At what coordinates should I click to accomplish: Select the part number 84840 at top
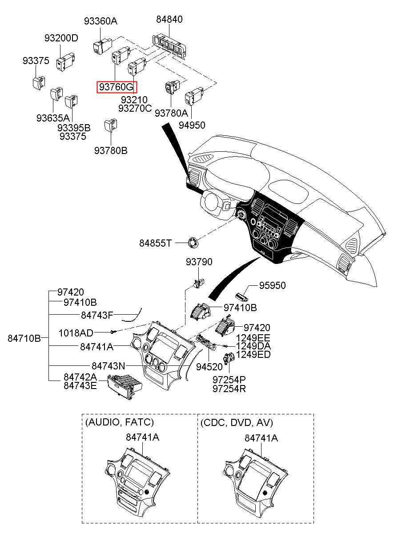click(x=169, y=20)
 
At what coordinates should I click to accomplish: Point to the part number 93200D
click(x=61, y=38)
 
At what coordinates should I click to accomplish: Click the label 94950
click(x=192, y=126)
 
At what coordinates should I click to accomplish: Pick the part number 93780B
click(x=111, y=151)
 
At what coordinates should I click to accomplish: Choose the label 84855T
click(x=155, y=243)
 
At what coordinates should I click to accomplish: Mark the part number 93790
click(x=199, y=262)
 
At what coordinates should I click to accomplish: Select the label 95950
click(x=273, y=285)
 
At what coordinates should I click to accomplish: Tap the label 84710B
click(x=24, y=339)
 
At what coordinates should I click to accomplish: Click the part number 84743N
click(x=108, y=366)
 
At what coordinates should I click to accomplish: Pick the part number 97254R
click(x=229, y=389)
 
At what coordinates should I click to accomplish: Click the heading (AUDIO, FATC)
click(x=119, y=422)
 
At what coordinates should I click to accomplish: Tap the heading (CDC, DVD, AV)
click(x=237, y=422)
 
